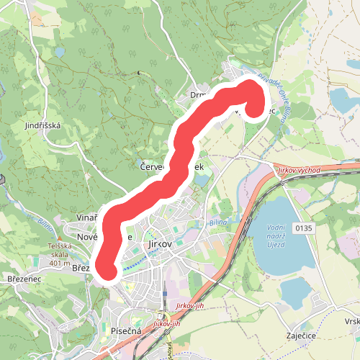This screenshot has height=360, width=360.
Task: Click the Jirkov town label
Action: click(159, 245)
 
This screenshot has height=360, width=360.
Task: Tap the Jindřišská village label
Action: click(44, 125)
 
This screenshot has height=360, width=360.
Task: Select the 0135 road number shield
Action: click(304, 228)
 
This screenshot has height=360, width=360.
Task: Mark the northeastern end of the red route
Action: click(253, 108)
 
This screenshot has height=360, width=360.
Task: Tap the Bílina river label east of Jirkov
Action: click(218, 222)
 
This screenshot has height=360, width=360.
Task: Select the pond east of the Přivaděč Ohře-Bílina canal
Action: click(341, 101)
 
